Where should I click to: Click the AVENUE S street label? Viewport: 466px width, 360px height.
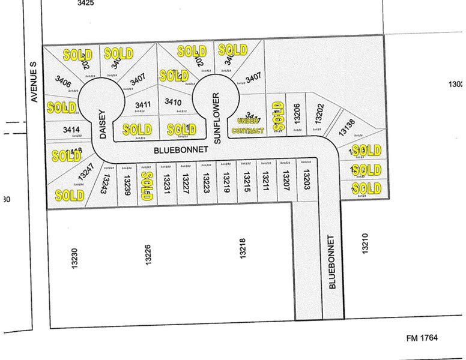pos(34,85)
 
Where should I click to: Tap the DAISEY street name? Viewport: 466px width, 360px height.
pos(103,124)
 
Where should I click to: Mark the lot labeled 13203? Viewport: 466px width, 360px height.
pos(306,179)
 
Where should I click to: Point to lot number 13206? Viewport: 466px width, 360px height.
pos(297,112)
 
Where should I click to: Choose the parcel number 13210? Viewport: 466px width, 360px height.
pos(365,245)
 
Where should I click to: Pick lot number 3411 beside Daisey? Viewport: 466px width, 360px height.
pos(142,104)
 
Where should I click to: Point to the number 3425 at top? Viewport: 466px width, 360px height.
pos(86,3)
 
